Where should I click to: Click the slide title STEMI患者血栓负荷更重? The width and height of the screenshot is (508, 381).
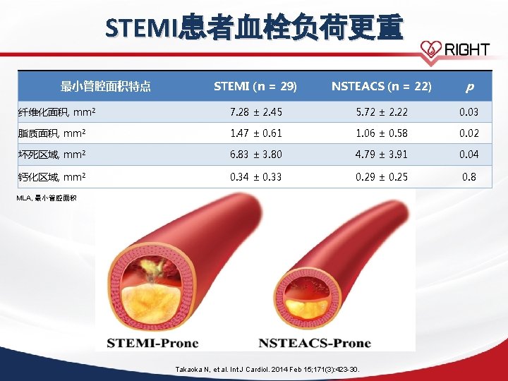point(254,28)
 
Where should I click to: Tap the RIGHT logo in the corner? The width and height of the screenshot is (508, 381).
point(455,49)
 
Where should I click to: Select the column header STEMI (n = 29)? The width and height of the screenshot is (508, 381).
point(255,87)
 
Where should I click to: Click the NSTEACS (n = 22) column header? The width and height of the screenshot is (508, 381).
point(381,87)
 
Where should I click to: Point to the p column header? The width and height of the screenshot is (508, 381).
point(469,87)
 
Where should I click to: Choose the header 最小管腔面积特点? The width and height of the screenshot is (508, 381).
point(106,87)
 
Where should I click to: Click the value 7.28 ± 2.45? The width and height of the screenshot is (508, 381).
point(256,112)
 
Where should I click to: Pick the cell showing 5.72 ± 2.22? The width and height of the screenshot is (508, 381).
point(382,112)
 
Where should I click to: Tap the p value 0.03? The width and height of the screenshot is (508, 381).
point(469,112)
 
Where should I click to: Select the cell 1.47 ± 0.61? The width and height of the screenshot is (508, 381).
point(256,133)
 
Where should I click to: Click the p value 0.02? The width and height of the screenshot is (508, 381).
point(469,133)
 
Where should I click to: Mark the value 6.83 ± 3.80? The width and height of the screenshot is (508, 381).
point(256,155)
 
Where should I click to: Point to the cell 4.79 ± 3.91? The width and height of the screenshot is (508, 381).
point(382,155)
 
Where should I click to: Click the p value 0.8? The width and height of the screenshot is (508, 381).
point(469,176)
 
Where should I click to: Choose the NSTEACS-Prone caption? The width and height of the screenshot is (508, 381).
point(315,344)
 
